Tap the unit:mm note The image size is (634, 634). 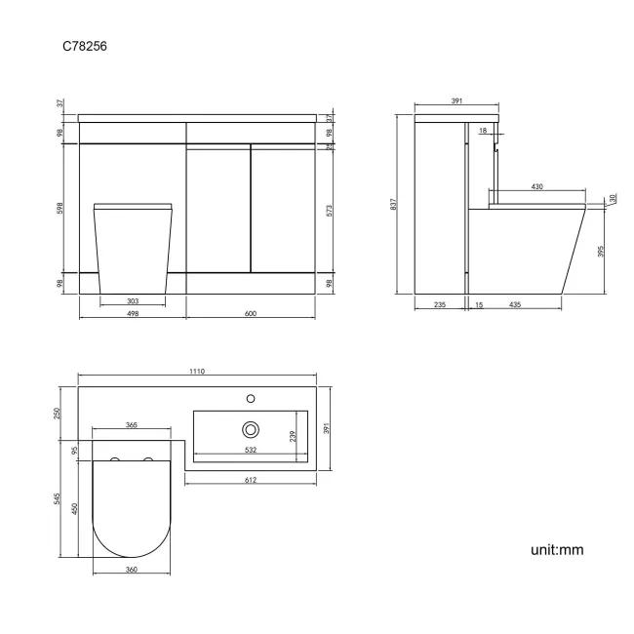pos(556,550)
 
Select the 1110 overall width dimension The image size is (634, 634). pos(199,372)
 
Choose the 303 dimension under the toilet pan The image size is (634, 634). pos(133,301)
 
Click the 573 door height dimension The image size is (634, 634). pos(330,211)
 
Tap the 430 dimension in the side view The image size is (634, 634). pos(536,186)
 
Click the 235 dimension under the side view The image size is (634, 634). pos(439,305)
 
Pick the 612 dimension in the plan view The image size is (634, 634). pos(252,481)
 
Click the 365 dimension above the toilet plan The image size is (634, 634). pos(131,425)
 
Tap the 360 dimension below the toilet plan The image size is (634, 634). pos(131,569)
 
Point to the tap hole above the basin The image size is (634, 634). pos(251,398)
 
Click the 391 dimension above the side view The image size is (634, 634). pos(456,100)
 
